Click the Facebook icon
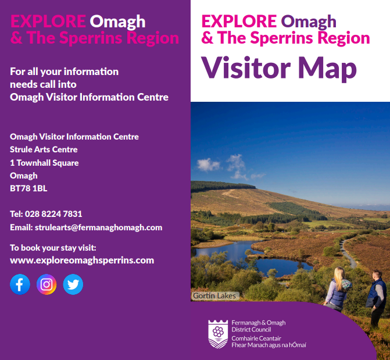pos(20,284)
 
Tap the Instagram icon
pos(46,284)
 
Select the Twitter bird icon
pos(73,284)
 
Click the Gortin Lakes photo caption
pos(214,296)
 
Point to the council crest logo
pos(218,334)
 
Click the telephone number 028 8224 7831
pos(53,214)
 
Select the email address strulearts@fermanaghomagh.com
pos(98,227)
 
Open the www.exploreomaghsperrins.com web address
pos(82,261)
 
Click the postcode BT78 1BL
pos(28,188)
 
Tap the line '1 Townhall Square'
pos(44,163)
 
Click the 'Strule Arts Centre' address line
pos(44,149)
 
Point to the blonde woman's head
pos(339,275)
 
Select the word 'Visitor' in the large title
pos(246,67)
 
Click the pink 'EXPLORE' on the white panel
pos(239,21)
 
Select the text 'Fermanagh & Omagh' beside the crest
pos(259,323)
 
